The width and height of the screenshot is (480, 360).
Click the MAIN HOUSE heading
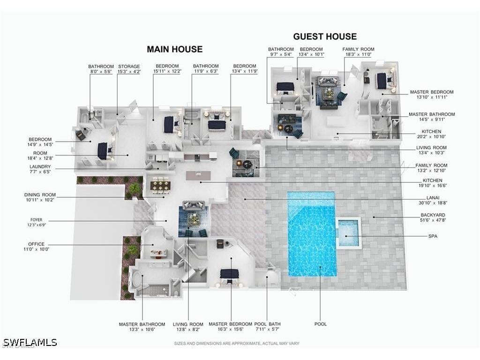(174, 49)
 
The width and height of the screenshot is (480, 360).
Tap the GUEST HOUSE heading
(325, 37)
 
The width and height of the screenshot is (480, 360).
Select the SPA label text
(433, 236)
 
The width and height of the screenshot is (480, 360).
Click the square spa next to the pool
(348, 232)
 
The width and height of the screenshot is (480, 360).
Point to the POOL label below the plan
(321, 324)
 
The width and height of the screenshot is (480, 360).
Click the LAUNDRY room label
(40, 169)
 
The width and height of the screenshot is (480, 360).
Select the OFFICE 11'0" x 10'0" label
(37, 247)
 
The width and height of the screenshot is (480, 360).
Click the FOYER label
(37, 222)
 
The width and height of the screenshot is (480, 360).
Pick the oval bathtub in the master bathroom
(137, 281)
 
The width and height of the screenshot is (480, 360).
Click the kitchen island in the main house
(198, 175)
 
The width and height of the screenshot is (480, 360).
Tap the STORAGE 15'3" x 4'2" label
(129, 69)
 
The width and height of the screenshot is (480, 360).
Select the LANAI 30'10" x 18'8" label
(433, 200)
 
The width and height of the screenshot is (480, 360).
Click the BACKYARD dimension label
(433, 217)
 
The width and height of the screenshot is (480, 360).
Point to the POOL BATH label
(267, 327)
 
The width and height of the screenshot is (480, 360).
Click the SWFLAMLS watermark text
(30, 342)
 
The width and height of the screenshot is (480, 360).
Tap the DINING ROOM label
(40, 197)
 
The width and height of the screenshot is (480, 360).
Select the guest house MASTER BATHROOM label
(432, 117)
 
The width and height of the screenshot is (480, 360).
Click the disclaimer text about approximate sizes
(237, 344)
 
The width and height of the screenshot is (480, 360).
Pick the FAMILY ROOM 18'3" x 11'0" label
(358, 52)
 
